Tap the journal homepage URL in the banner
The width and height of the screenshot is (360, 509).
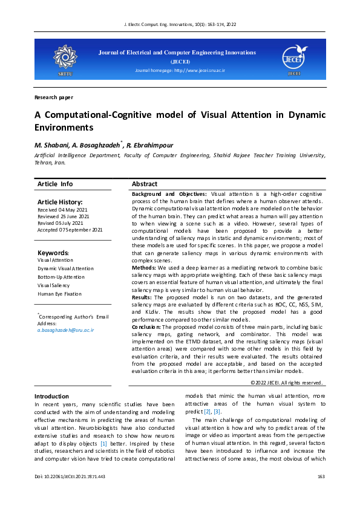point(180,71)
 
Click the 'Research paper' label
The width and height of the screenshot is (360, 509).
point(54,97)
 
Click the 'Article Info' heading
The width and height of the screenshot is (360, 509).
point(55,184)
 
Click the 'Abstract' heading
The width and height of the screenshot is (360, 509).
point(145,184)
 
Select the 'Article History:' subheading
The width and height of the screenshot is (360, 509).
point(60,202)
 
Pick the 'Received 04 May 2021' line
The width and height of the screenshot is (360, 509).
point(63,210)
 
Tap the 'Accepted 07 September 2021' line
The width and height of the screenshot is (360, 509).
point(70,230)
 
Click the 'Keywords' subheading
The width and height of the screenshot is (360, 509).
point(53,253)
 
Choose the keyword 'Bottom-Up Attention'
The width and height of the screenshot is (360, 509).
point(61,277)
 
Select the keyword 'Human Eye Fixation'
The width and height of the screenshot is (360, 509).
point(59,294)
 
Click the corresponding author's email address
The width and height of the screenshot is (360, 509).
point(65,331)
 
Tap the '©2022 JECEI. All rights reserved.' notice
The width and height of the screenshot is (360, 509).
point(287,383)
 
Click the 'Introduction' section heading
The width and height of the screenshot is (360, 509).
point(51,396)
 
